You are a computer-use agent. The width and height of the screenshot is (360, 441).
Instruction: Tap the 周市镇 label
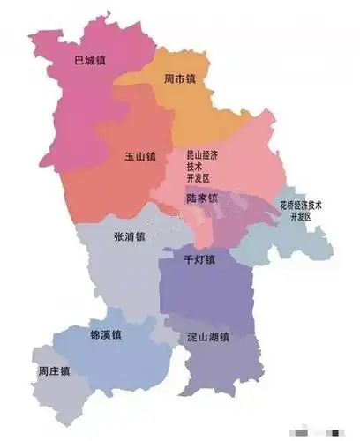pyautogui.click(x=179, y=80)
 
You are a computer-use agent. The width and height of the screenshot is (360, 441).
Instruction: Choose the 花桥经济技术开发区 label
pyautogui.click(x=300, y=210)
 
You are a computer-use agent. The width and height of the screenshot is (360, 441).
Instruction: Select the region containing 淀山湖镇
pyautogui.click(x=221, y=370)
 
